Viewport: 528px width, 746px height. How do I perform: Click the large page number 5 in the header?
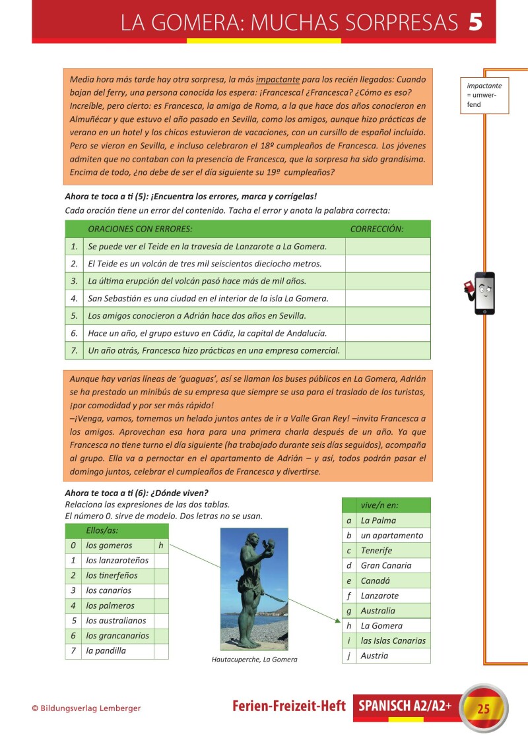[x=475, y=22]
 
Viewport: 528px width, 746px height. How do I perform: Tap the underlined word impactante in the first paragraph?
[x=281, y=79]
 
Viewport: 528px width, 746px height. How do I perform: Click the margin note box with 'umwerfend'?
[x=484, y=95]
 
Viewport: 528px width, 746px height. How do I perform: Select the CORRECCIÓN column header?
[x=377, y=229]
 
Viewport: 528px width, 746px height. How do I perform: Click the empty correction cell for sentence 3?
[x=387, y=281]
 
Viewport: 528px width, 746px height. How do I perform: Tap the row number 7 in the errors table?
[x=74, y=350]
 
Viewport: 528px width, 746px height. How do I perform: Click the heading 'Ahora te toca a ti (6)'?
[x=136, y=493]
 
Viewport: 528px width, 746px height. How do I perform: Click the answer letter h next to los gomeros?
[x=161, y=545]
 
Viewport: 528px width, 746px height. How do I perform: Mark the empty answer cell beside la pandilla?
[x=161, y=651]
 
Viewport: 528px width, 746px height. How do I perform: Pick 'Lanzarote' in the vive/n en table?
[x=379, y=596]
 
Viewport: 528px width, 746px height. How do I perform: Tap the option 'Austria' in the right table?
[x=374, y=656]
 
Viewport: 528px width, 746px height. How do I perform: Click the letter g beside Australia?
[x=348, y=611]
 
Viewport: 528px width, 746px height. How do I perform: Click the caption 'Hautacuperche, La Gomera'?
[x=254, y=660]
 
